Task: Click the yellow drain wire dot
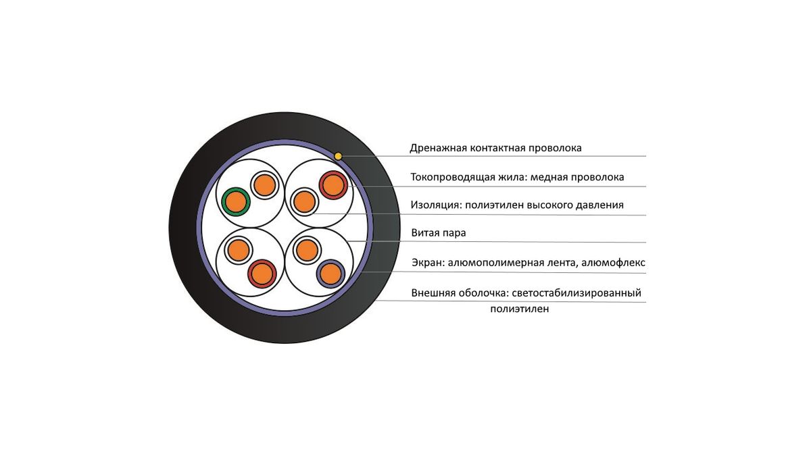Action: coord(338,156)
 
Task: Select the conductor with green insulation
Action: coord(236,201)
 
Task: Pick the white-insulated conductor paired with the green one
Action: coord(264,185)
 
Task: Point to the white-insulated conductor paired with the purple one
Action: coord(307,250)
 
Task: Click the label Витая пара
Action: coord(439,232)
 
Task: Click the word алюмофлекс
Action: coord(614,262)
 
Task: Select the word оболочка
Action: coord(484,293)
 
